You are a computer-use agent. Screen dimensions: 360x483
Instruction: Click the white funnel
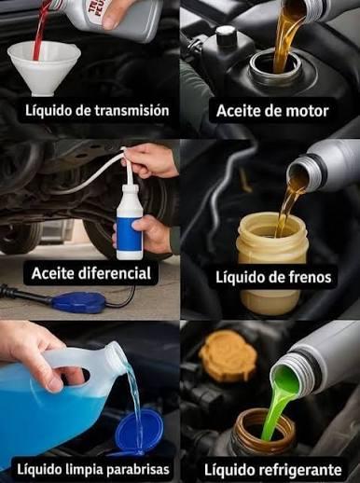coord(44,67)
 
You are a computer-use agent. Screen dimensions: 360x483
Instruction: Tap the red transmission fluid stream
coord(40,31)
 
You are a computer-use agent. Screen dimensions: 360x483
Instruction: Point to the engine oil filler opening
coord(275,66)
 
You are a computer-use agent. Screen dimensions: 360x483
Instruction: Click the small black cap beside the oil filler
coord(227,36)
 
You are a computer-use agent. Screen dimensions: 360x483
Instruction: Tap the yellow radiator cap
coord(228,352)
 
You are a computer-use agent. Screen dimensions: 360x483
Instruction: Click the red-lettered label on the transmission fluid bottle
coord(94,12)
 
